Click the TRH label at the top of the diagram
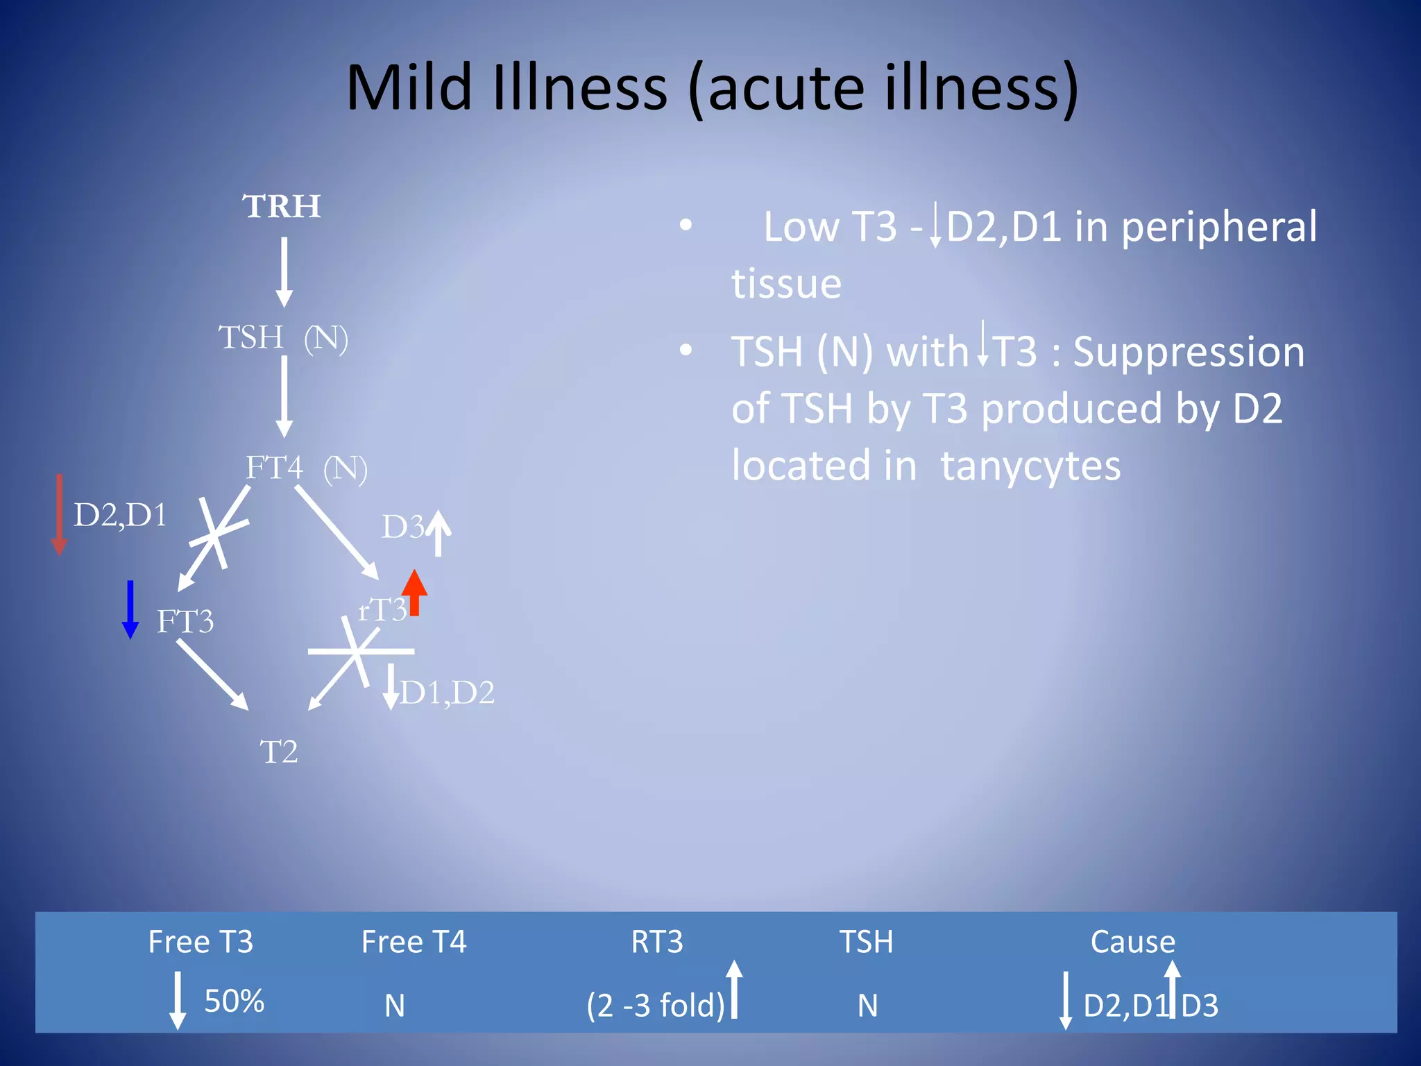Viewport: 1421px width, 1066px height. [x=282, y=206]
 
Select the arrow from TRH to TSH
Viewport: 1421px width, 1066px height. [x=284, y=271]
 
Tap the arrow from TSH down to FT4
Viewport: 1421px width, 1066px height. [x=284, y=396]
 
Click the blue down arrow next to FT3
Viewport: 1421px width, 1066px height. [x=130, y=609]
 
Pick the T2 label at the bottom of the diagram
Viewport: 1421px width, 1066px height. [x=279, y=752]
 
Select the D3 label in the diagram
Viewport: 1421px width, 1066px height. [x=402, y=527]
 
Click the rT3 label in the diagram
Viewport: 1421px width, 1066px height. [x=381, y=610]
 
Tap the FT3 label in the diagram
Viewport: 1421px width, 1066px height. [x=185, y=621]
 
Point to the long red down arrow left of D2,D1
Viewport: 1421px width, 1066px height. [x=60, y=514]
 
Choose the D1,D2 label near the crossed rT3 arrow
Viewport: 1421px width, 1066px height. [x=448, y=693]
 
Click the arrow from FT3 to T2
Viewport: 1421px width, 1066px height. [x=212, y=674]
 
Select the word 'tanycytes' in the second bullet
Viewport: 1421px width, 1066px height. [x=1030, y=466]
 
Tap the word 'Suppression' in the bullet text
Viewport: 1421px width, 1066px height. [x=1189, y=352]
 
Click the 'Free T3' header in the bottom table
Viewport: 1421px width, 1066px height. [x=201, y=942]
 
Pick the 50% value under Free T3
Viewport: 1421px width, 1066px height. [x=234, y=1001]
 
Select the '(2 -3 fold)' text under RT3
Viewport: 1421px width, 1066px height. [x=656, y=1005]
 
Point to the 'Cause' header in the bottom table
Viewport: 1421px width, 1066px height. [x=1132, y=942]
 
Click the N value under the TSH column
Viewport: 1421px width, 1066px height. [x=867, y=1005]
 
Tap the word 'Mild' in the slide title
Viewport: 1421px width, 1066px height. [x=409, y=88]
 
